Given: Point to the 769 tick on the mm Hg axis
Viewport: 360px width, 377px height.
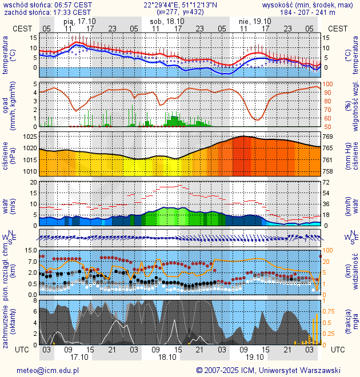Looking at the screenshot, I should coord(328,137).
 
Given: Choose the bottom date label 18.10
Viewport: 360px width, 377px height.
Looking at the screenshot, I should coord(167,357).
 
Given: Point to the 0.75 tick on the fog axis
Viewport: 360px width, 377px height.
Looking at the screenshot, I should coord(330,311).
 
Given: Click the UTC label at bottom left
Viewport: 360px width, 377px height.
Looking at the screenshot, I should coord(22,350).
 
